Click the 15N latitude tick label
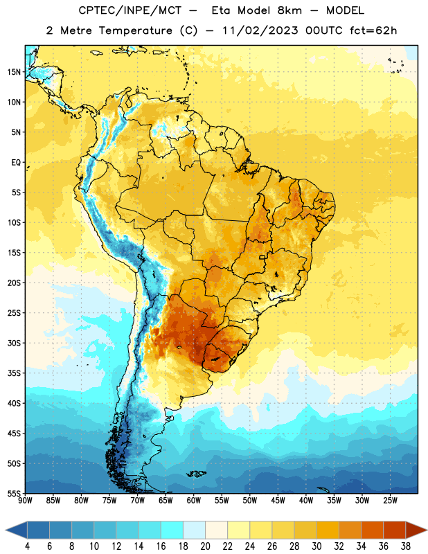click(x=14, y=72)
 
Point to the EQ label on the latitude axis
click(x=16, y=163)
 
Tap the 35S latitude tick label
click(x=14, y=373)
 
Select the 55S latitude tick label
click(x=14, y=493)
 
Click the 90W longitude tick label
click(x=25, y=501)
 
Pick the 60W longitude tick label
click(x=194, y=501)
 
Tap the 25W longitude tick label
click(x=390, y=501)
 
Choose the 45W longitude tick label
click(x=278, y=501)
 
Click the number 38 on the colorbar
click(x=406, y=546)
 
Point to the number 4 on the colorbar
click(x=27, y=546)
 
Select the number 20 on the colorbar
click(x=205, y=546)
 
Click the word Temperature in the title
click(x=135, y=30)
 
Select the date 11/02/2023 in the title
click(x=260, y=30)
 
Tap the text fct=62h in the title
click(x=373, y=30)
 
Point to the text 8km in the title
click(x=289, y=10)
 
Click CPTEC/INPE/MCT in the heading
click(x=130, y=10)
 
